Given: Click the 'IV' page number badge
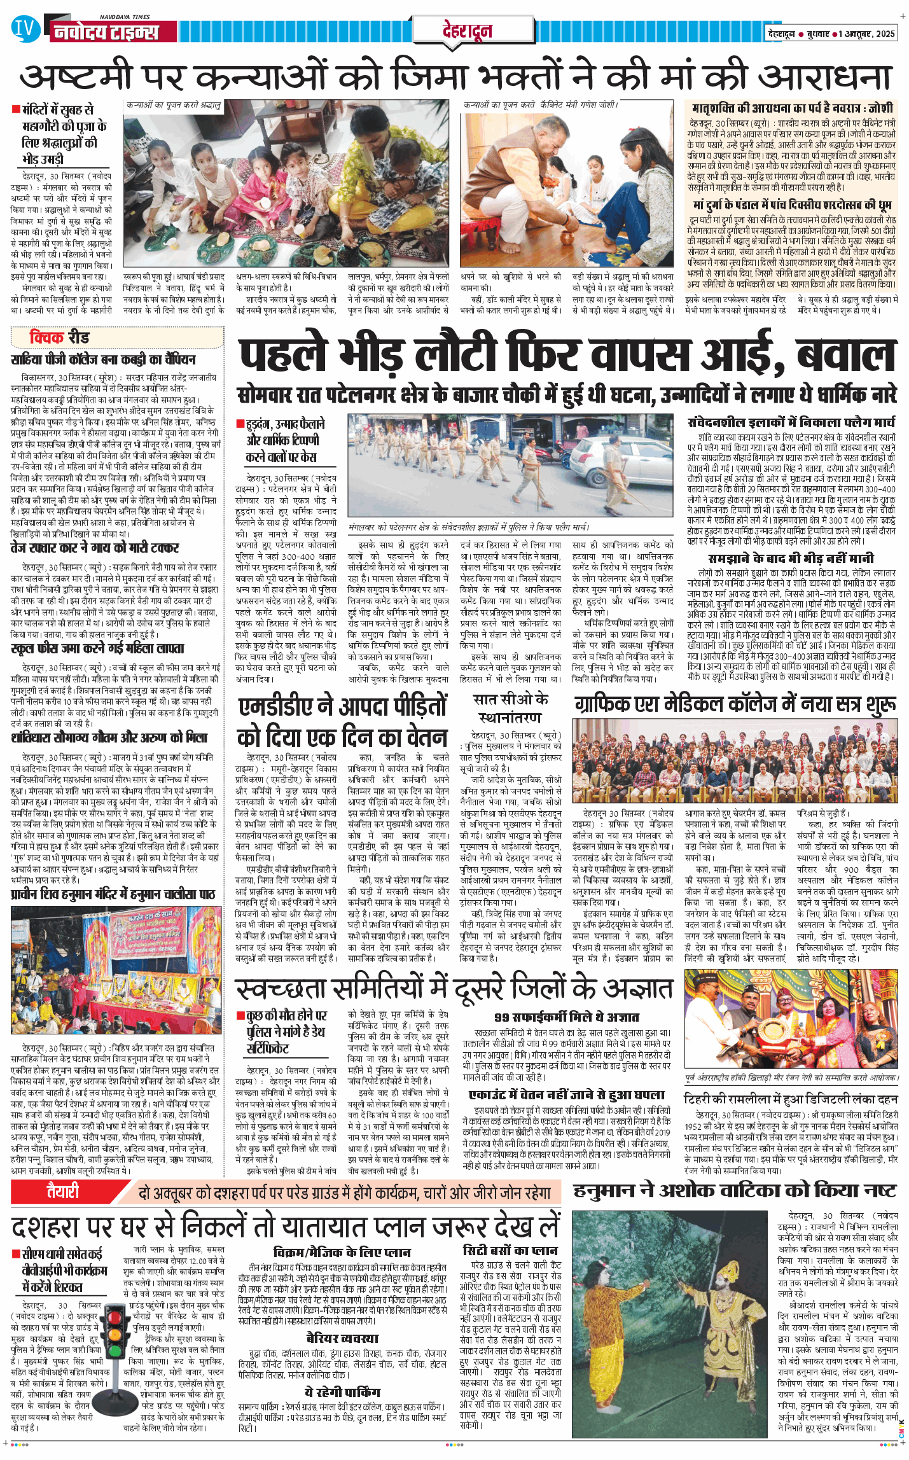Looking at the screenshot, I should [x=25, y=29].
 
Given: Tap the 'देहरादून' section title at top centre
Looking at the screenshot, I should [x=468, y=31].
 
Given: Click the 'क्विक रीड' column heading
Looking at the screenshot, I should [x=60, y=337].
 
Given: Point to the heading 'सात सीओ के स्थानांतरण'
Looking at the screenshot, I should [x=511, y=708].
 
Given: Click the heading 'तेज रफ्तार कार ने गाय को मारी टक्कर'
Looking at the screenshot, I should [x=95, y=547].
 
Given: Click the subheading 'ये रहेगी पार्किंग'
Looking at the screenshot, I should [x=342, y=1391].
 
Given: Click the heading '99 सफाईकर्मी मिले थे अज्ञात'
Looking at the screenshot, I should [x=567, y=1017].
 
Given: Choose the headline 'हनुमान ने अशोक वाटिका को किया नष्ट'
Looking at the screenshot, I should [x=735, y=1190].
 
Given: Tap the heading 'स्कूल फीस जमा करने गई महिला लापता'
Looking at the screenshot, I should [x=98, y=648].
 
